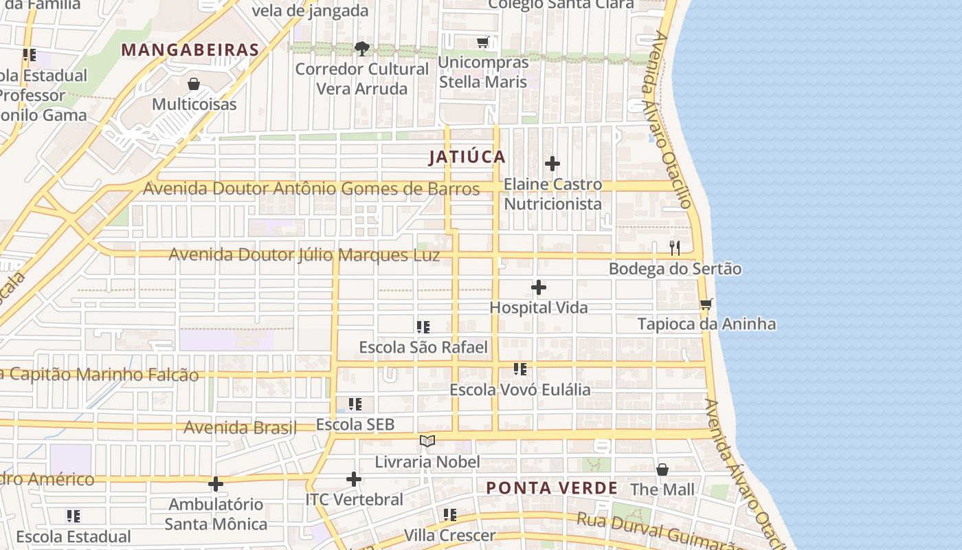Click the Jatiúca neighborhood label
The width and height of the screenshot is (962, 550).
pos(467,157)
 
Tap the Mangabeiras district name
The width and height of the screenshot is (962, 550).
pos(190,49)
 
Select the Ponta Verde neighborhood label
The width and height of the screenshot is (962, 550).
pos(552,488)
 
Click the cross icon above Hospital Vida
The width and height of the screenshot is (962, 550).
pos(539,287)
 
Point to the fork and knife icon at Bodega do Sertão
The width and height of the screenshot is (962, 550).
pos(675,248)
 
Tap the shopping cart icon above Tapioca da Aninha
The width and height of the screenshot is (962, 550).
pos(706,304)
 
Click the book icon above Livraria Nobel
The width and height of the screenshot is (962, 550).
pos(427,441)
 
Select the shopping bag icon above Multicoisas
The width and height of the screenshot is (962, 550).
pos(194,84)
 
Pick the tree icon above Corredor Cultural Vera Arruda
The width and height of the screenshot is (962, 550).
pos(361,48)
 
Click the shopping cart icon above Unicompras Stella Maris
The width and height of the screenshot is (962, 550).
pos(483,43)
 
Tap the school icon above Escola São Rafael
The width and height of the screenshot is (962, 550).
pos(423,327)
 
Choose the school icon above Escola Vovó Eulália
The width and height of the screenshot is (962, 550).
pos(520,369)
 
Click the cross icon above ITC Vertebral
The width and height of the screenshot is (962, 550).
pos(354,478)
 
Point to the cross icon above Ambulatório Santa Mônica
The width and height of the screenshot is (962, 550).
pos(216,484)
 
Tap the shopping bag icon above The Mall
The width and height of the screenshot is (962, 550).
pos(662,470)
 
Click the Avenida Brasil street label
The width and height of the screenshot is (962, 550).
pos(240,428)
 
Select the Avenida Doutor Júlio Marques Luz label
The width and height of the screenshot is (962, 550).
pos(304,255)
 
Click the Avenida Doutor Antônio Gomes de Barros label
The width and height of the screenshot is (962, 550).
pos(311,188)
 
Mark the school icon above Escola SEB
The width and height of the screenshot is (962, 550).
pos(355,404)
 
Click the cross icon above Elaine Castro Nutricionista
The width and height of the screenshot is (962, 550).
pos(552,164)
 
